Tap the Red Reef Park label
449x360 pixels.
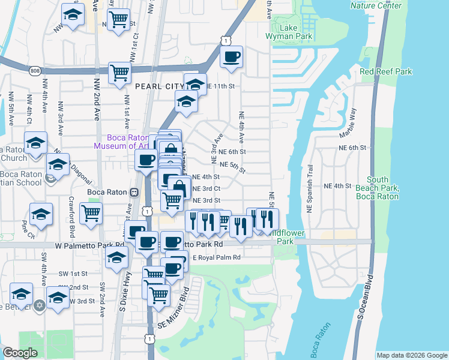(386, 72)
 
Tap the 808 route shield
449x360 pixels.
(34, 71)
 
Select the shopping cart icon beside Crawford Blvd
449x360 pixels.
(91, 212)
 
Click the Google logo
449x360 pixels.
(20, 353)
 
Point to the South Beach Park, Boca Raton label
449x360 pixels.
(377, 188)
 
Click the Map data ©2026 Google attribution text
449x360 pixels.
(412, 355)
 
